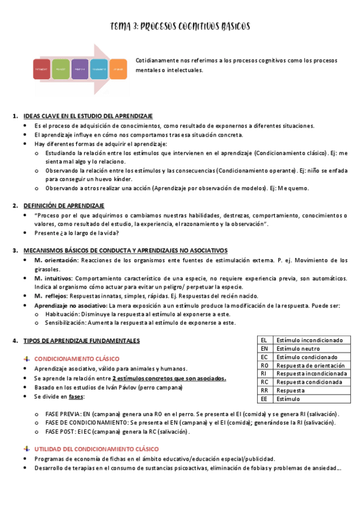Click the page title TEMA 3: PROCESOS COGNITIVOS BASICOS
coord(180,26)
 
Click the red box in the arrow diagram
coord(41,70)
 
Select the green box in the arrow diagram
coord(61,70)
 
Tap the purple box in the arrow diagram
coord(80,70)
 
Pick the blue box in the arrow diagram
coord(99,70)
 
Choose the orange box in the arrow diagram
coord(118,70)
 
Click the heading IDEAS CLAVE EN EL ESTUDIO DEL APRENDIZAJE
coord(88,116)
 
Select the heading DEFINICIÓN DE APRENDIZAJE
coord(64,206)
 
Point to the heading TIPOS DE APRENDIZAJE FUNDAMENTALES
coord(81,341)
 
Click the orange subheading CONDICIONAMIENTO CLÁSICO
coord(77,358)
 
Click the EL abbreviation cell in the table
coord(264,340)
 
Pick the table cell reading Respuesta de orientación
coord(310,366)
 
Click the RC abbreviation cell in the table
coord(264,382)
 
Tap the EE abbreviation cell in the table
coord(264,399)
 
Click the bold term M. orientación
coord(56,260)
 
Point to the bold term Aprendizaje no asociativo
coord(67,306)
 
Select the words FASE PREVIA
coord(64,414)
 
